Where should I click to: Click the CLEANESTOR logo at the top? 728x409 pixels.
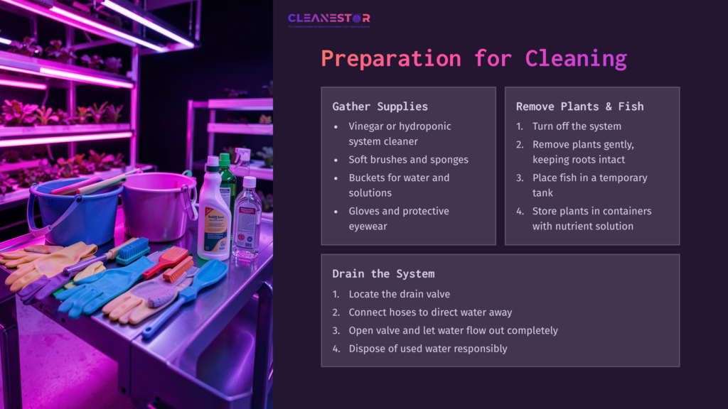tap(328, 18)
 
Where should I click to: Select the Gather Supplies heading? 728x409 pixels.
tap(380, 107)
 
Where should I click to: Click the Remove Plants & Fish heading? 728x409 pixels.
tap(579, 107)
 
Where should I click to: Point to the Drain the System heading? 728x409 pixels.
tap(383, 273)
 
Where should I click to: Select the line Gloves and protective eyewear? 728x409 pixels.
tap(398, 217)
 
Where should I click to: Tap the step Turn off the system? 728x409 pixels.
tap(577, 126)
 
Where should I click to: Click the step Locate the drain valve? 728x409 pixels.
tap(399, 294)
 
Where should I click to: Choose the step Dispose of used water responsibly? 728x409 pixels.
tap(427, 349)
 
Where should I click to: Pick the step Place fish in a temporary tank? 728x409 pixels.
tap(589, 185)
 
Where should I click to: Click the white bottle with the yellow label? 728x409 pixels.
tap(213, 217)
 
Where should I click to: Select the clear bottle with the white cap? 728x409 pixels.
tap(247, 217)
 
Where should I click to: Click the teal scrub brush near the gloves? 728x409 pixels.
tap(134, 251)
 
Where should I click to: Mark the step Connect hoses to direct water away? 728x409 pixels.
tap(429, 312)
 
